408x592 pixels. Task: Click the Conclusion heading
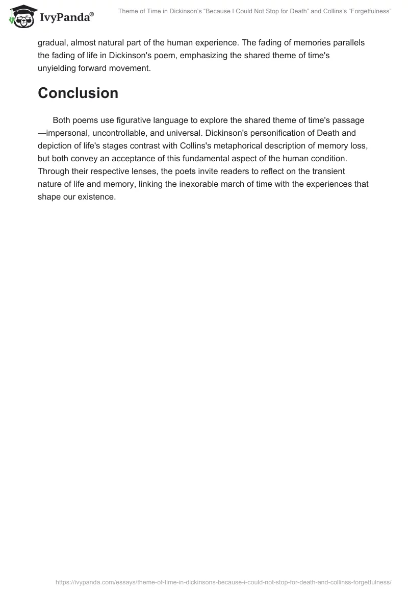click(x=78, y=93)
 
